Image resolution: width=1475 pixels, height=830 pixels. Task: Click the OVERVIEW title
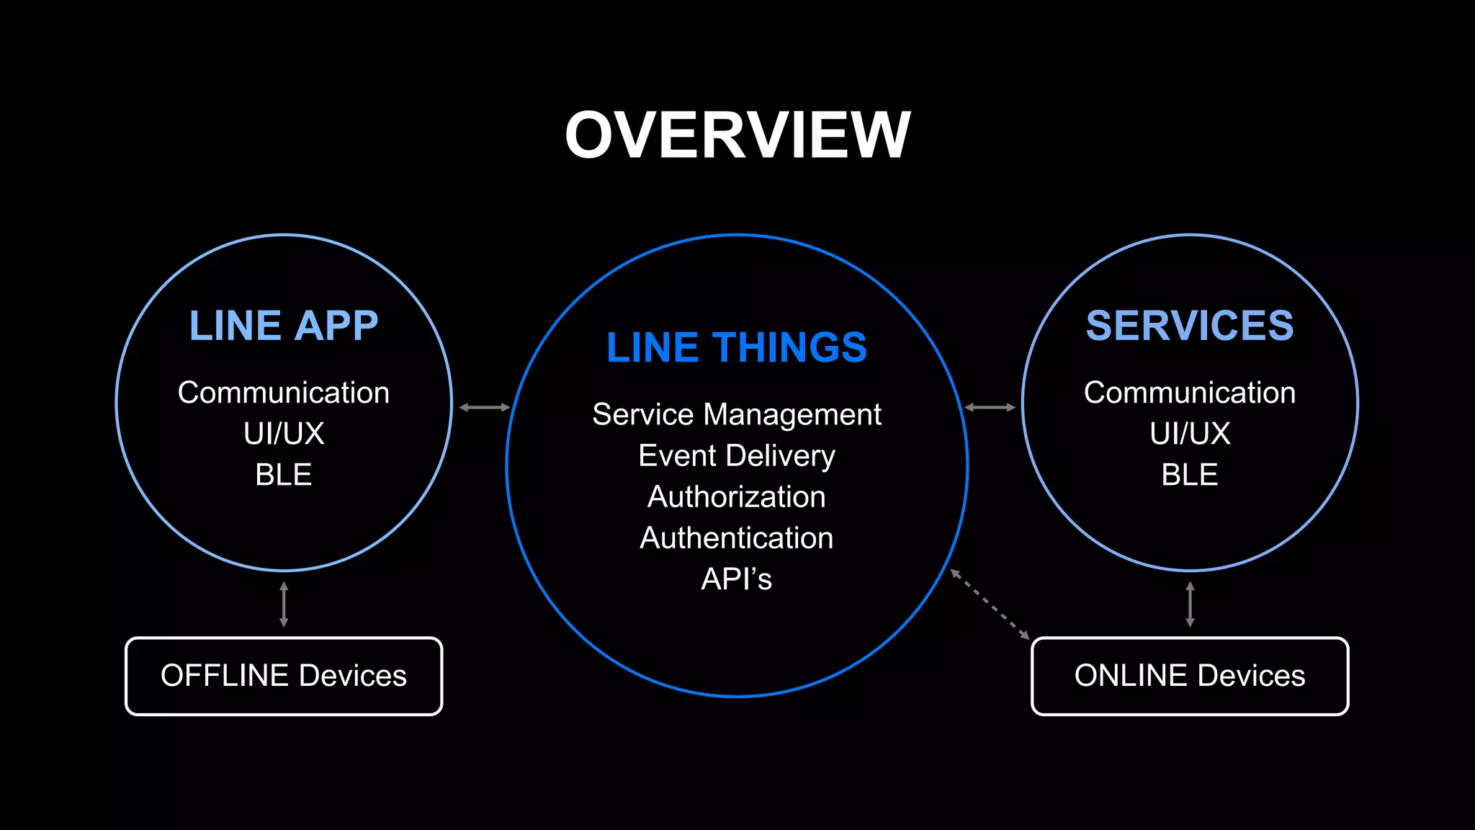[x=737, y=135]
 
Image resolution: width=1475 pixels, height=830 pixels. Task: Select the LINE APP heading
[x=284, y=326]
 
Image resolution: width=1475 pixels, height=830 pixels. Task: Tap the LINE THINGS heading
[x=737, y=347]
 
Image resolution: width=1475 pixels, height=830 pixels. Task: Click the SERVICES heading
[x=1190, y=326]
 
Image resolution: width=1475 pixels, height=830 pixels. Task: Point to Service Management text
[x=737, y=414]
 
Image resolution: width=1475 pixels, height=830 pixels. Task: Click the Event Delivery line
[x=737, y=455]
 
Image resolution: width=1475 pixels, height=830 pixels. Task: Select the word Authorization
[x=737, y=496]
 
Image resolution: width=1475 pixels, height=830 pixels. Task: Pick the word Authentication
[x=737, y=537]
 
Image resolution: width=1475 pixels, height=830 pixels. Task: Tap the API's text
[x=737, y=579]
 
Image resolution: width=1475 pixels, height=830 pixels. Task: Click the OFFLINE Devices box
[x=284, y=676]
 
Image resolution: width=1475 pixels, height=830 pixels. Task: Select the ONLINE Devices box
[x=1190, y=676]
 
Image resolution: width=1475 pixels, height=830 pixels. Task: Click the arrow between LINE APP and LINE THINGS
[x=484, y=407]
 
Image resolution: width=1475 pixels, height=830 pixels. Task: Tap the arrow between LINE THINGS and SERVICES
[x=990, y=407]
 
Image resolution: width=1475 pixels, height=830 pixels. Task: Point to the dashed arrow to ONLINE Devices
[x=990, y=604]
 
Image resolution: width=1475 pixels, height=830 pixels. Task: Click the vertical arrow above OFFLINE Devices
[x=284, y=604]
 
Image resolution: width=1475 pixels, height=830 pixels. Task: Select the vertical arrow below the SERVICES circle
[x=1190, y=604]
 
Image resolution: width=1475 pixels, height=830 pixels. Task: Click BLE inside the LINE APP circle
[x=284, y=475]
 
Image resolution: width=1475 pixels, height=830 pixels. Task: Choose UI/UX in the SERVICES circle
[x=1190, y=434]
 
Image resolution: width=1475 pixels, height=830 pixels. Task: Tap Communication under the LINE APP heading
[x=284, y=393]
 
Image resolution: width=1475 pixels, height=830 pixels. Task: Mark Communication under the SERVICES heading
[x=1190, y=393]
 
